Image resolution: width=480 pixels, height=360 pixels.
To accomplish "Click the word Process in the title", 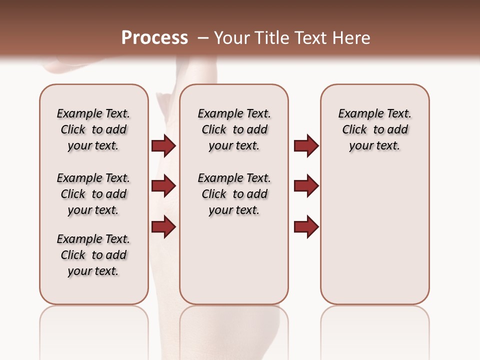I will [x=154, y=38].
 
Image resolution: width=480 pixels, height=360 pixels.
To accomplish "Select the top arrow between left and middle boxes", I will [x=163, y=145].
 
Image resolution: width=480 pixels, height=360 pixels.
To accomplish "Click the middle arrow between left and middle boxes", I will [x=163, y=186].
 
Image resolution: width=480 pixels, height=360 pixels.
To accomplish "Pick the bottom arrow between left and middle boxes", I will [x=163, y=227].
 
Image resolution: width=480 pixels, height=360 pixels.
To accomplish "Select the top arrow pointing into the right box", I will [x=306, y=145].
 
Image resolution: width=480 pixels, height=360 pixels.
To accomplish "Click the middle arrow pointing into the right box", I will [x=306, y=186].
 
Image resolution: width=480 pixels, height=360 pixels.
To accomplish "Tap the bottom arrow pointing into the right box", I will [x=306, y=227].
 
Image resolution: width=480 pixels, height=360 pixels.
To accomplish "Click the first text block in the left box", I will [x=93, y=129].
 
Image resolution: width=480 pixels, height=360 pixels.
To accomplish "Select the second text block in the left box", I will [x=93, y=194].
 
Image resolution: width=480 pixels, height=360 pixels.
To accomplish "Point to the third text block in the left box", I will [x=93, y=255].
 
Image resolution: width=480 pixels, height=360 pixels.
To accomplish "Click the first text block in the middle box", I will [x=234, y=129].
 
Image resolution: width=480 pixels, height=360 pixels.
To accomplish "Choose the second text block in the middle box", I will [x=234, y=194].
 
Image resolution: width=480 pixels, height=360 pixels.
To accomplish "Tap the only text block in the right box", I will [x=374, y=129].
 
